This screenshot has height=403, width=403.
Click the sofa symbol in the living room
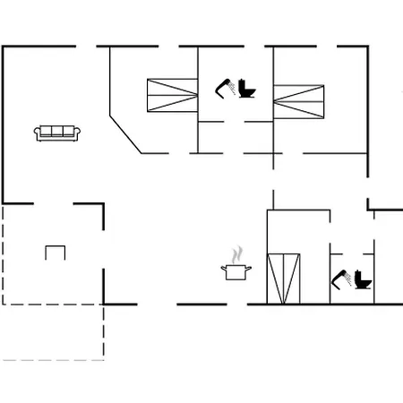coord(57,133)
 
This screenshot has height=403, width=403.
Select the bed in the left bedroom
coord(171,93)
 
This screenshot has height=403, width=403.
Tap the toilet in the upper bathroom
coord(247,90)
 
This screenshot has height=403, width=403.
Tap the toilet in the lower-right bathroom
coord(363,280)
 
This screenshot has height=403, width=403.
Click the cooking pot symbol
coord(237,271)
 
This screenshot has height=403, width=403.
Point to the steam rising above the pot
coord(237,254)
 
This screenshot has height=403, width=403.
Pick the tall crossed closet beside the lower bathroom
coord(285,279)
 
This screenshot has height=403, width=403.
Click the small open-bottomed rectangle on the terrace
coord(56,253)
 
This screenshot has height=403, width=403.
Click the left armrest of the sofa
coord(38,133)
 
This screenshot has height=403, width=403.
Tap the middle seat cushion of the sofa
coord(57,132)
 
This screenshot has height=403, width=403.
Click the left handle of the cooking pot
coord(224,268)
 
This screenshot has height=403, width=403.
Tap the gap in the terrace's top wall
coord(55,203)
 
